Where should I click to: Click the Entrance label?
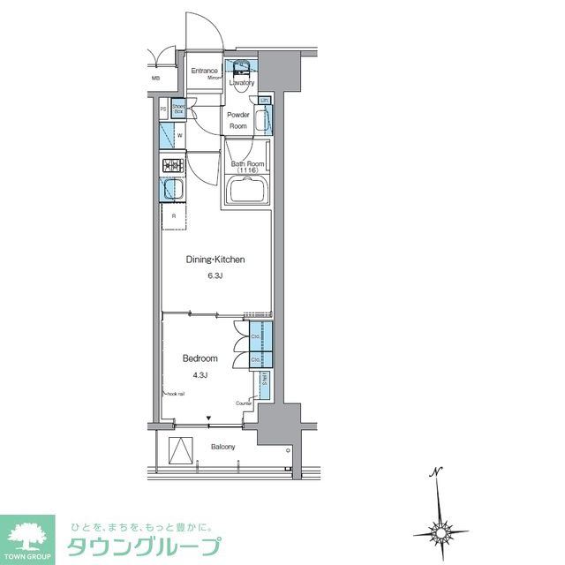point(205,71)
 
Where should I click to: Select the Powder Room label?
point(238,120)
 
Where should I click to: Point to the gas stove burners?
point(170,165)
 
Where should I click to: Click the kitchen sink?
point(170,190)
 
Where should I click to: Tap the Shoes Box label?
point(178,109)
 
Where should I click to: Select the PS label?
point(164,109)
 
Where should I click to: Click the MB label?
point(155,79)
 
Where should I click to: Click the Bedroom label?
point(200,358)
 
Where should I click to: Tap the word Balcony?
point(222,447)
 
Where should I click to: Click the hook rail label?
point(176,394)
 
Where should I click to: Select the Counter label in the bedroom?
point(244,403)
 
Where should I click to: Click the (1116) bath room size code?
point(247,170)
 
